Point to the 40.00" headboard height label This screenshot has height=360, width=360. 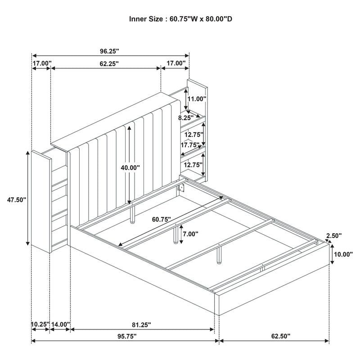coord(130,167)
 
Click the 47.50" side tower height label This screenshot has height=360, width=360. coord(16,199)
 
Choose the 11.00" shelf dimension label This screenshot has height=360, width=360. coord(197,98)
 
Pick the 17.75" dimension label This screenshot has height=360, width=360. coord(189,145)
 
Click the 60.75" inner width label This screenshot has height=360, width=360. coord(161,220)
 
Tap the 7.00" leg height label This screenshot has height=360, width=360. coord(190,234)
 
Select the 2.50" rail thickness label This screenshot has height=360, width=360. coord(334,235)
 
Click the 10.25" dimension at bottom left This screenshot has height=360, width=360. coord(40,324)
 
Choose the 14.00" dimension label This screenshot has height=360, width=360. coord(60,324)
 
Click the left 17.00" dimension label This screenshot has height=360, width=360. coord(41,64)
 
